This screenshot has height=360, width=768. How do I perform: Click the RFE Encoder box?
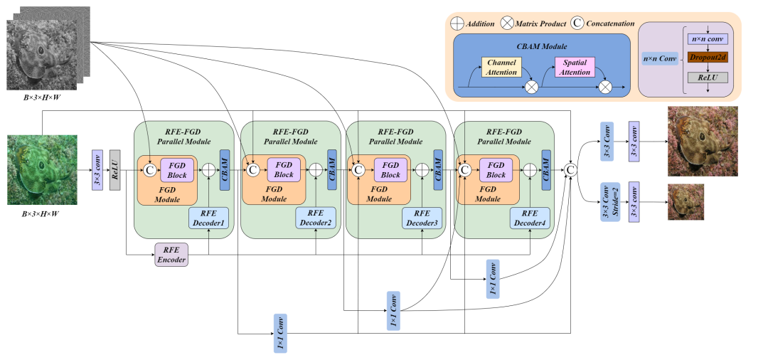pyautogui.click(x=171, y=255)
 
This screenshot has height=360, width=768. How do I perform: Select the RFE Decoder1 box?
pyautogui.click(x=208, y=218)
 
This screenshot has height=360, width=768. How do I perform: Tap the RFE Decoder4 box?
pyautogui.click(x=529, y=218)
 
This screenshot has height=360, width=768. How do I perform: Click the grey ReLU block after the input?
pyautogui.click(x=114, y=170)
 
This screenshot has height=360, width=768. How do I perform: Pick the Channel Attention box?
pyautogui.click(x=501, y=68)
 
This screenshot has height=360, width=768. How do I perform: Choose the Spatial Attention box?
pyautogui.click(x=575, y=68)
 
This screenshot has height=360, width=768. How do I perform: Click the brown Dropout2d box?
pyautogui.click(x=707, y=57)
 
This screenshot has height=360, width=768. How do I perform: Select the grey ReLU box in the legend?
pyautogui.click(x=707, y=76)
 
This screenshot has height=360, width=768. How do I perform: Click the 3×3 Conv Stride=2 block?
pyautogui.click(x=606, y=202)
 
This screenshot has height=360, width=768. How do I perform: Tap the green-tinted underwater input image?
pyautogui.click(x=42, y=170)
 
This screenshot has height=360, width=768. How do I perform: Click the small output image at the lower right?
pyautogui.click(x=686, y=202)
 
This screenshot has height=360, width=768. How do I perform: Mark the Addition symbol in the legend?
pyautogui.click(x=457, y=23)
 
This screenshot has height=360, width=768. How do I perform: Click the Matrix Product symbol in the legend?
pyautogui.click(x=507, y=23)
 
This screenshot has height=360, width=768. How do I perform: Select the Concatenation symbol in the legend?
pyautogui.click(x=577, y=23)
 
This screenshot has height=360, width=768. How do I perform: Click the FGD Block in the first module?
pyautogui.click(x=177, y=170)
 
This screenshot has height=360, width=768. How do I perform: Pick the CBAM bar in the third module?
pyautogui.click(x=437, y=170)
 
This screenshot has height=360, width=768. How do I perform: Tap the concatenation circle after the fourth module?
pyautogui.click(x=570, y=170)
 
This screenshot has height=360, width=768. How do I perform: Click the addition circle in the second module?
pyautogui.click(x=316, y=170)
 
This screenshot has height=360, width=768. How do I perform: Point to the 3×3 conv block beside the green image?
pyautogui.click(x=98, y=170)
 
